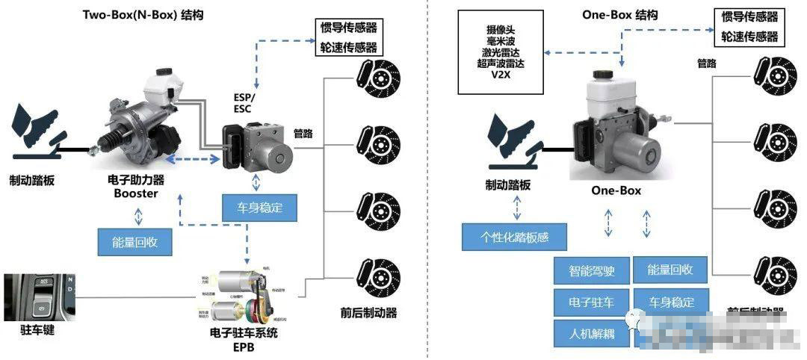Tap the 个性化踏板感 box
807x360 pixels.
pyautogui.click(x=514, y=237)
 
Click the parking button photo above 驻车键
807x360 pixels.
pyautogui.click(x=39, y=297)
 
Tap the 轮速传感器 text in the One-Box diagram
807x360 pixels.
pyautogui.click(x=749, y=36)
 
